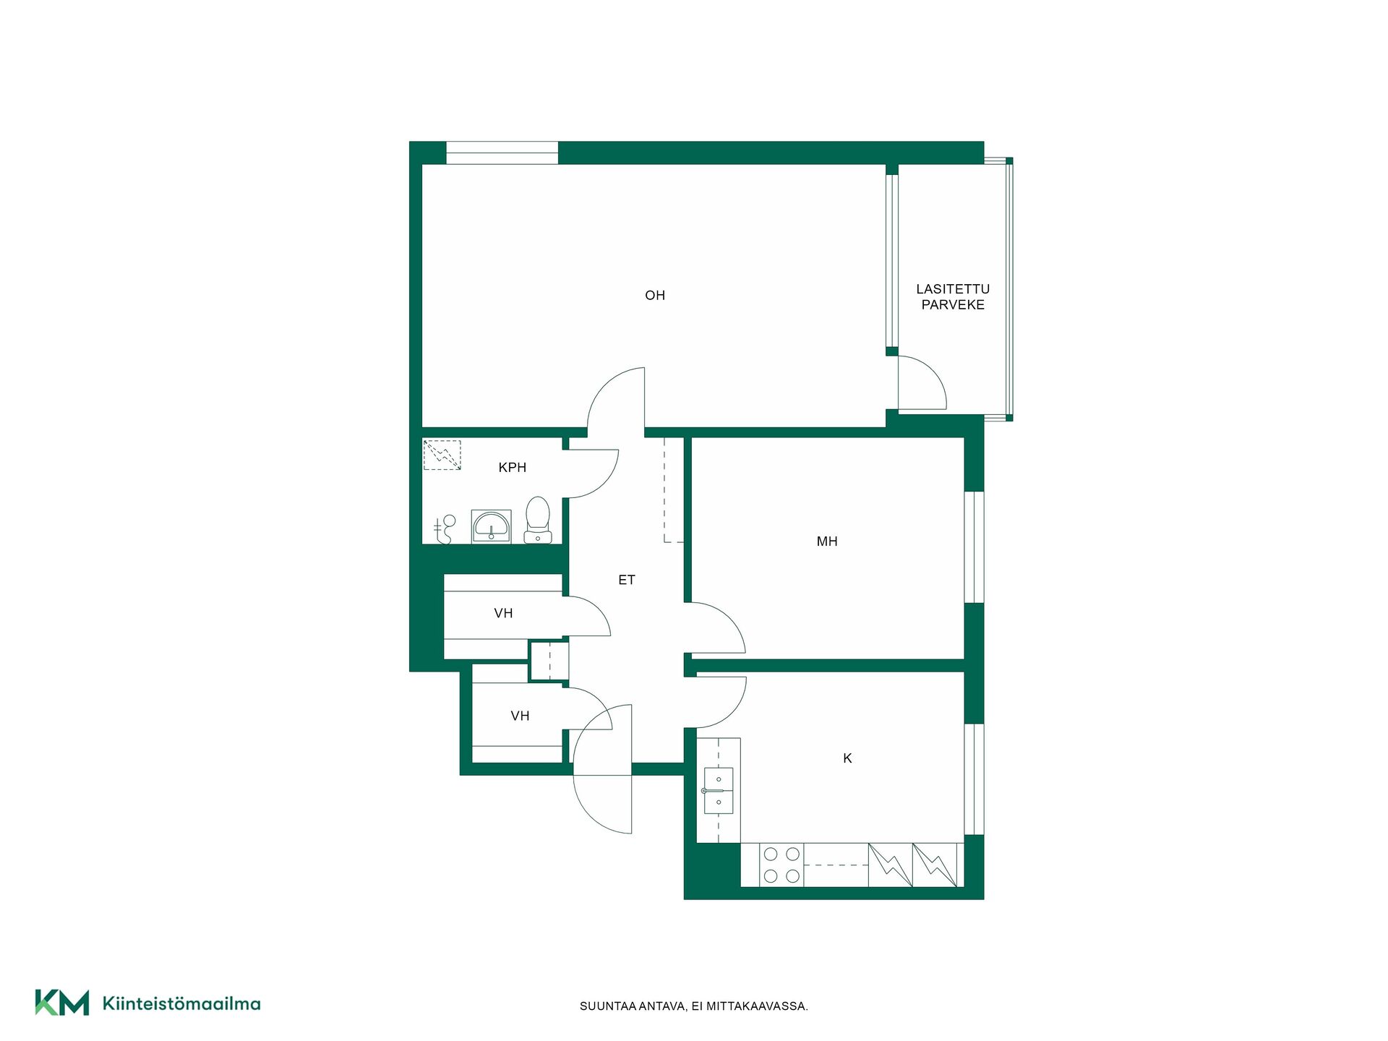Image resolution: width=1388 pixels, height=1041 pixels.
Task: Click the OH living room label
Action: tap(654, 295)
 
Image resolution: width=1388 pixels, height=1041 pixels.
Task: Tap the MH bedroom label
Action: tap(827, 541)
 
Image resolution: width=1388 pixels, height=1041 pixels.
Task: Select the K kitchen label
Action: tap(847, 758)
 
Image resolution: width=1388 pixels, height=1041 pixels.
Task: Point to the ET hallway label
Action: tap(626, 580)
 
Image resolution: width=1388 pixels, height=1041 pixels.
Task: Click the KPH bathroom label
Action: tap(512, 468)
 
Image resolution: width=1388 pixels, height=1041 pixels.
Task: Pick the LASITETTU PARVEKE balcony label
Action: tap(953, 297)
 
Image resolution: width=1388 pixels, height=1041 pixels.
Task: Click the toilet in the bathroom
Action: tap(537, 520)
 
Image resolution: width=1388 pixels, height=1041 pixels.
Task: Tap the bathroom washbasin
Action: tap(491, 526)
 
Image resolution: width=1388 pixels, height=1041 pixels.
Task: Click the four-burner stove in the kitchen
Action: tap(781, 865)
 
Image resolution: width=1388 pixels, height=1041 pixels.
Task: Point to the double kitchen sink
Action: tap(718, 791)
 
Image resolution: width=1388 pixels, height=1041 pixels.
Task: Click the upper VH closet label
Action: tap(503, 614)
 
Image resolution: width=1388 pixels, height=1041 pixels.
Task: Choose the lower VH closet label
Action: tap(520, 716)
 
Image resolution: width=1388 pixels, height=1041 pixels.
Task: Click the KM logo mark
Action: tap(62, 1003)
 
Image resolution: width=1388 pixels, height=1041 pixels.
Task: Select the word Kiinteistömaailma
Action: tap(181, 1003)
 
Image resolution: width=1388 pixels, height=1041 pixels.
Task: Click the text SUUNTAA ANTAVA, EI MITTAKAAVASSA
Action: tap(694, 1006)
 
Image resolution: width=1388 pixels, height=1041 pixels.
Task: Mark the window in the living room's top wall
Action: tap(502, 153)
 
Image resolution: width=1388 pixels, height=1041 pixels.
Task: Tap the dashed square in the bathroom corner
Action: tap(442, 455)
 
